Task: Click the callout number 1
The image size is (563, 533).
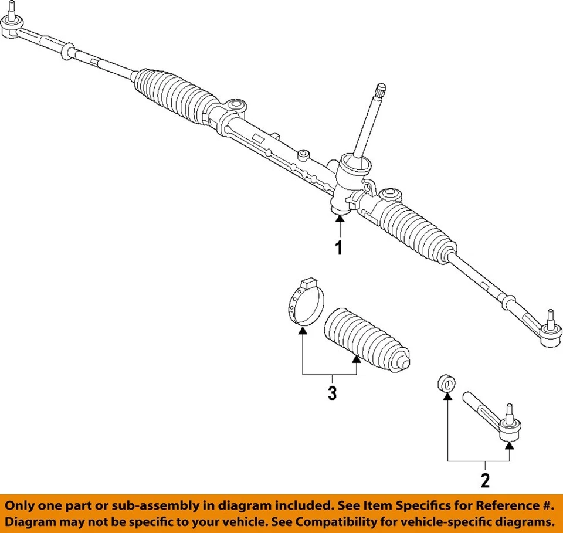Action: (x=338, y=247)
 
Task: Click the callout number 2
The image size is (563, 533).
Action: (x=484, y=481)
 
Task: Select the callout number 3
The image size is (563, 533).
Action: (x=332, y=393)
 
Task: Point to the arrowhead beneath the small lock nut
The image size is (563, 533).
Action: (x=447, y=397)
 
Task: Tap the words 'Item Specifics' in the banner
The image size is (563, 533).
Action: (x=408, y=505)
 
